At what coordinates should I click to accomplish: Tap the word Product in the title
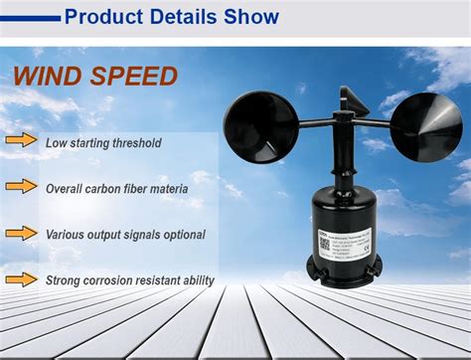click(103, 17)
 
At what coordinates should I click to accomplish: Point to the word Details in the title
click(187, 17)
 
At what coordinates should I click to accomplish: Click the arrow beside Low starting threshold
click(21, 141)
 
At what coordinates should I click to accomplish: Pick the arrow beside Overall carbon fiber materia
click(21, 187)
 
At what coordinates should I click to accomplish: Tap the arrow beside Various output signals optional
click(21, 234)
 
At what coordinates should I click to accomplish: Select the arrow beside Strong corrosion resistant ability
click(21, 279)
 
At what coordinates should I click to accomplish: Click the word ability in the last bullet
click(196, 280)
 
